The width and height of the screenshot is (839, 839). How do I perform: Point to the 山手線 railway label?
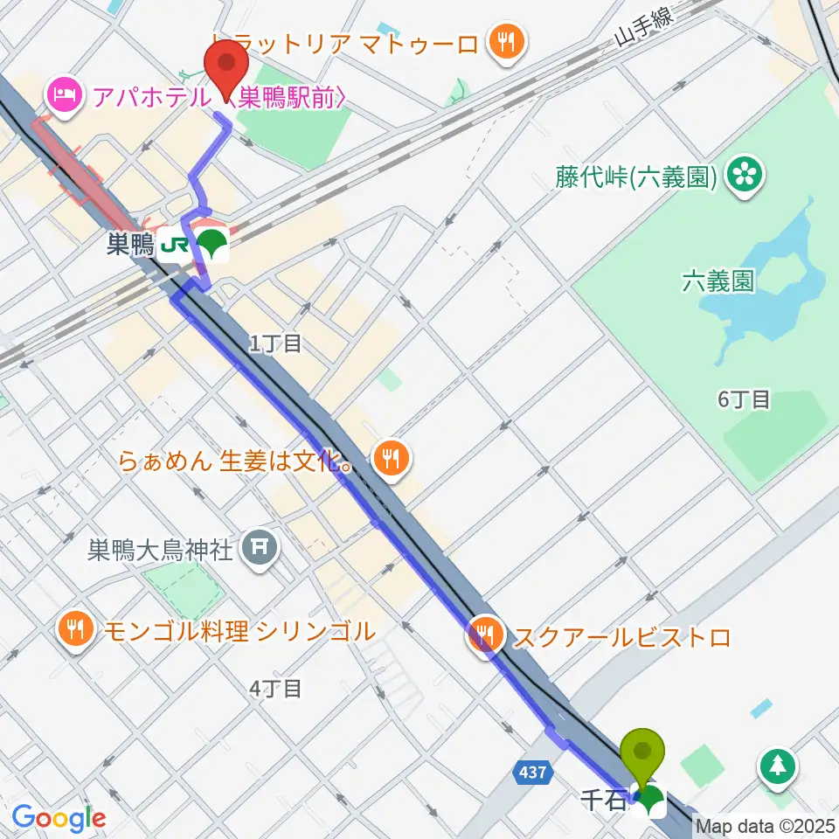(x=647, y=34)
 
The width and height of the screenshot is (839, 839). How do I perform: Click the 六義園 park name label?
(x=718, y=281)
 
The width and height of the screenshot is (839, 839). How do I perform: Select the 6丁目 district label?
(x=744, y=399)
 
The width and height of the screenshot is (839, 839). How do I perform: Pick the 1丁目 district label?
(x=275, y=343)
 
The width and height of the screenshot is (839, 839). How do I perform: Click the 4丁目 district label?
(x=275, y=689)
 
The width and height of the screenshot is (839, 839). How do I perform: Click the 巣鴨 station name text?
(x=129, y=245)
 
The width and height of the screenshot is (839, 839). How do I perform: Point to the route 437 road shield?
(x=534, y=772)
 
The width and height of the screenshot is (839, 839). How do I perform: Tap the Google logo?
(x=59, y=818)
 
